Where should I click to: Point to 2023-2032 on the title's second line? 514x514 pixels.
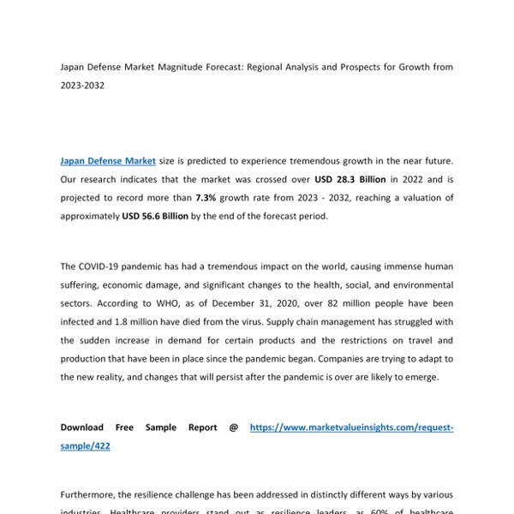point(82,86)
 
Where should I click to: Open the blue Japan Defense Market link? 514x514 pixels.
point(108,160)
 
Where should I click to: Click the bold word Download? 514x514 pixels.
point(81,427)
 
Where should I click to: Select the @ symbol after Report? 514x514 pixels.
point(233,427)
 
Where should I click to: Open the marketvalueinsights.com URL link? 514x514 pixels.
point(351,427)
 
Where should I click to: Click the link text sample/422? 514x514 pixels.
point(85,446)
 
